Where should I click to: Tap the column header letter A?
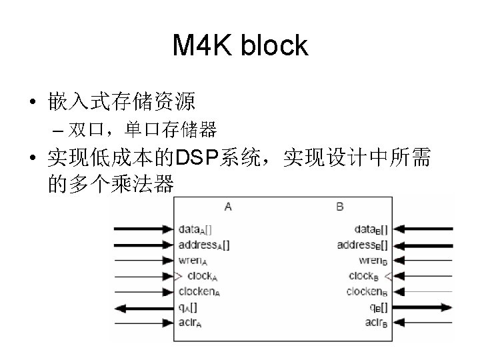[x=229, y=207]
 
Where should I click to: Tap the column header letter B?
[x=340, y=207]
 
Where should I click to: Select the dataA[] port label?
[x=195, y=230]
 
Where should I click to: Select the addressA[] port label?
[x=204, y=245]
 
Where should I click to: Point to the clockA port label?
[x=200, y=275]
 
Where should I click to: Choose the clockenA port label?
[x=201, y=291]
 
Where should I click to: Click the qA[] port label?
[x=188, y=307]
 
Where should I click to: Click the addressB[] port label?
[x=362, y=245]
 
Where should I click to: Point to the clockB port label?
[x=365, y=275]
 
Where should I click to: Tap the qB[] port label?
[x=379, y=307]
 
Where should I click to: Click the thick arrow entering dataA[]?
[x=143, y=230]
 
